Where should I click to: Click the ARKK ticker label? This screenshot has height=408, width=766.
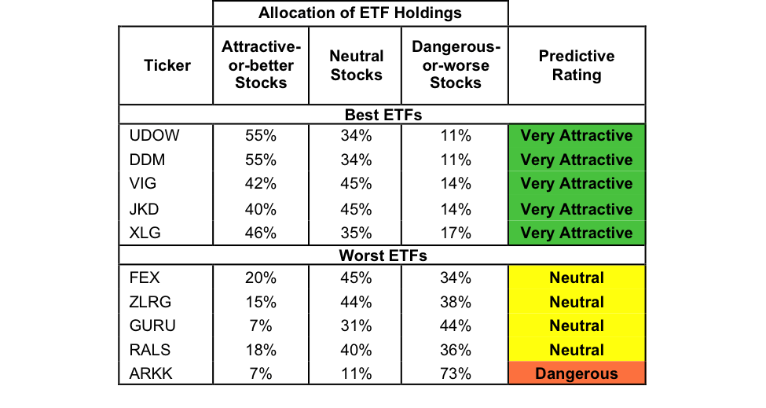[150, 373]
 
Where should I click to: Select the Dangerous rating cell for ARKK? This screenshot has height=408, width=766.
[576, 373]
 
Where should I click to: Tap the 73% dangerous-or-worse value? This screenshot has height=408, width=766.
[455, 373]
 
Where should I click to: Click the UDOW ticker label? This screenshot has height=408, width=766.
[153, 136]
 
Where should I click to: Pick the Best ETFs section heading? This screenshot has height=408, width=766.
[383, 116]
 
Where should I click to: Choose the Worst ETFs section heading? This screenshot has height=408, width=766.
[383, 256]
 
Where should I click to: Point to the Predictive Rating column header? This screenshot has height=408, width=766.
[576, 66]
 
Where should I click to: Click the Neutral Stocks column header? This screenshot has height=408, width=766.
[357, 66]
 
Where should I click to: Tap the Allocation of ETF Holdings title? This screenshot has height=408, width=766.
[361, 13]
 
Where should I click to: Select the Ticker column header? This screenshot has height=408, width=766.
[167, 65]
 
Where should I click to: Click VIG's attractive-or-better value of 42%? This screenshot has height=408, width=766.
[260, 184]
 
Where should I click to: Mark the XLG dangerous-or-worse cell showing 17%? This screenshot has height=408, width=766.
[455, 233]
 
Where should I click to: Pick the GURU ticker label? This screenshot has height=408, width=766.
[152, 325]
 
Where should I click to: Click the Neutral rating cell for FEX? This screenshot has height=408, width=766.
[576, 278]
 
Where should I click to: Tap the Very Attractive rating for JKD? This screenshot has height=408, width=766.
[576, 209]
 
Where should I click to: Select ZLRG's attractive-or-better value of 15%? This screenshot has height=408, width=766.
[260, 302]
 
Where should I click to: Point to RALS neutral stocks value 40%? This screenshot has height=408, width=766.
[357, 350]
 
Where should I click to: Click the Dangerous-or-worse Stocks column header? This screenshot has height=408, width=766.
[455, 66]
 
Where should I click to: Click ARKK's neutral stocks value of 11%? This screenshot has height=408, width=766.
[357, 373]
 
